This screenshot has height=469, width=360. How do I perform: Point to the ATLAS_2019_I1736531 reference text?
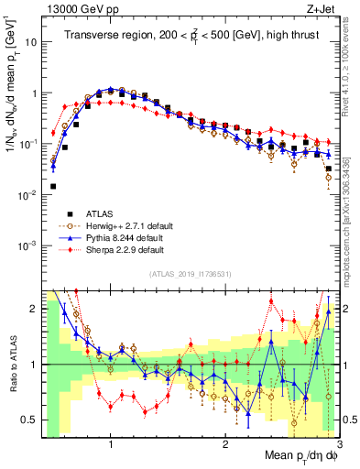coord(189,273)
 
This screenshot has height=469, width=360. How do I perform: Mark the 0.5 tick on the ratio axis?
coord(31,420)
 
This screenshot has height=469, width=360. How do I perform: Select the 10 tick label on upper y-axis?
coord(32,42)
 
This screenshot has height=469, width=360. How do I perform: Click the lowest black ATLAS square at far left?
coord(53,186)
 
